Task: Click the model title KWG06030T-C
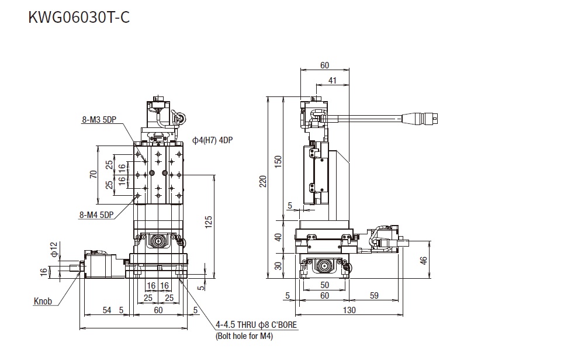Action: coord(79,17)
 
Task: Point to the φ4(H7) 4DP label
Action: coord(212,140)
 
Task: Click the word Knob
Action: coord(43,302)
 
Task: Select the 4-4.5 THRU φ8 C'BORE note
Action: coord(257,324)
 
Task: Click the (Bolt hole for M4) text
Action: coord(245,336)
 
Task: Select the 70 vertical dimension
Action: coord(94,174)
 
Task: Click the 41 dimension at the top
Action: coord(332,81)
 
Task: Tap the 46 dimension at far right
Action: coord(424,261)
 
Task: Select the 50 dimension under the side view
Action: coord(325,285)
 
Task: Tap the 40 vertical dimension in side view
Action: coord(278,237)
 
